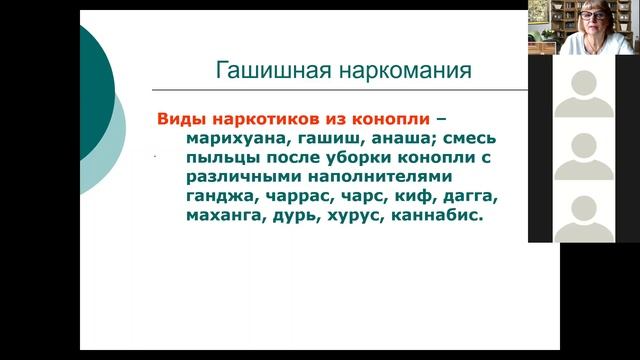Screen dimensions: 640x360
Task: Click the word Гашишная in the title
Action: point(273,71)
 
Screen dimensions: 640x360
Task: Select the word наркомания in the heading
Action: point(405,71)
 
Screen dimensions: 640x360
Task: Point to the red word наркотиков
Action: point(266,119)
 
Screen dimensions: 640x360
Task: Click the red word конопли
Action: point(391,119)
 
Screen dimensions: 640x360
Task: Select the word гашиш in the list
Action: point(331,139)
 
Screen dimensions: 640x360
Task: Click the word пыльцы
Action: point(223,158)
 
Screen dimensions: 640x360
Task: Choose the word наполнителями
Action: point(380,177)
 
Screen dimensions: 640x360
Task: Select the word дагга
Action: point(471,197)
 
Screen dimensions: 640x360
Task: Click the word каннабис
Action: point(437,216)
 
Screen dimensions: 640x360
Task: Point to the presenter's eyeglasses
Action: point(592,16)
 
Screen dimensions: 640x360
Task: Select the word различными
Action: point(244,177)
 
